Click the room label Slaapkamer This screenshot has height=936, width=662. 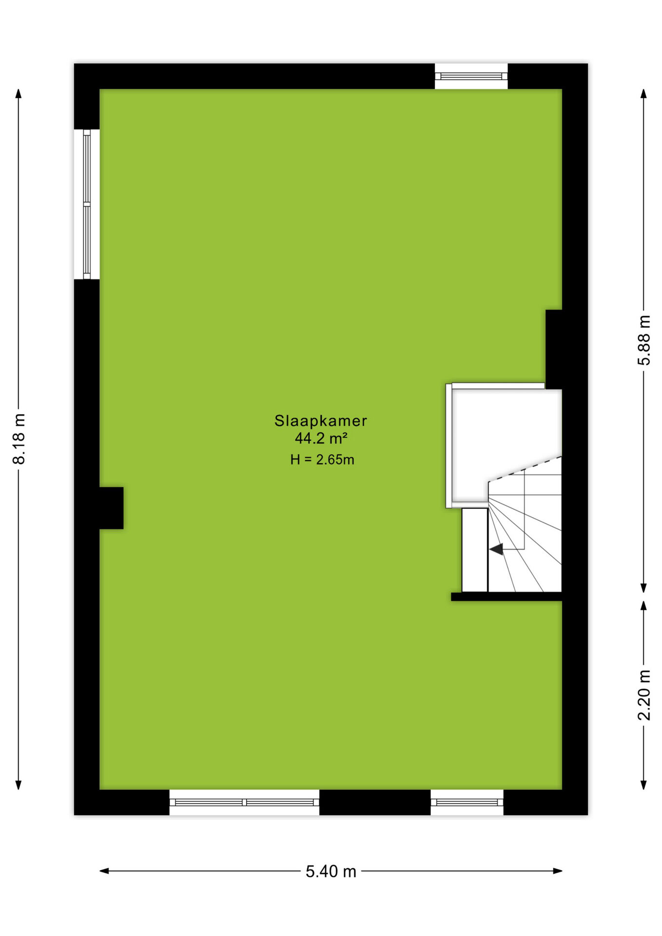point(320,421)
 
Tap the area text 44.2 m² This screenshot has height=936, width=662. point(321,438)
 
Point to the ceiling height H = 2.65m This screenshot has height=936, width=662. point(322,459)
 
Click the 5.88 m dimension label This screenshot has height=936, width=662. point(643,340)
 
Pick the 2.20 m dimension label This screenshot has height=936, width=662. point(643,695)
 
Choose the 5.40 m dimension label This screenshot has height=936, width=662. point(331,871)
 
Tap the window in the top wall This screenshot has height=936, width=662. point(471,76)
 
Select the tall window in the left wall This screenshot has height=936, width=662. point(87,204)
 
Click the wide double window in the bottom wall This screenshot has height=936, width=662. point(244,802)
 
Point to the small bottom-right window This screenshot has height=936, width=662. point(467,802)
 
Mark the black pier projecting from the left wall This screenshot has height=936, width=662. point(111,508)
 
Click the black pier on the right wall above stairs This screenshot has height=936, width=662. point(554,349)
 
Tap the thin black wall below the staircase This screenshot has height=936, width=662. point(506,597)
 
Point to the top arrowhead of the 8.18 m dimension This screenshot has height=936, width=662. point(19,94)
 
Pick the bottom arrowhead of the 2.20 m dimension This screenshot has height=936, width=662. point(643,784)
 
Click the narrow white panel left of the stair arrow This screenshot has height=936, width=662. point(475,550)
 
